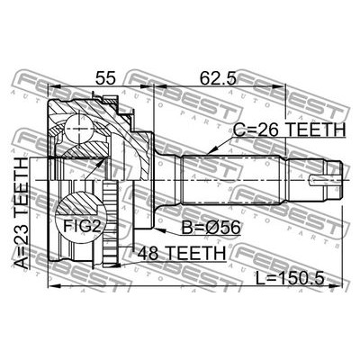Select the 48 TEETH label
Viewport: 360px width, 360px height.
[180, 255]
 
